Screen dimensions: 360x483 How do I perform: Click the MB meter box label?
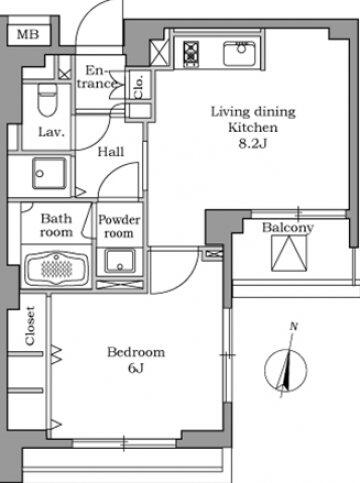pyautogui.click(x=28, y=34)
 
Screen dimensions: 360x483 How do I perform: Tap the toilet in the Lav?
pyautogui.click(x=47, y=100)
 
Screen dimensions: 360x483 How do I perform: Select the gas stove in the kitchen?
pyautogui.click(x=191, y=53)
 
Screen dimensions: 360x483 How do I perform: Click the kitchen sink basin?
pyautogui.click(x=239, y=53)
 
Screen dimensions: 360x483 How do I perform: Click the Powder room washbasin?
pyautogui.click(x=120, y=261)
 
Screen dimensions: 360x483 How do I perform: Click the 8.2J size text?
pyautogui.click(x=253, y=144)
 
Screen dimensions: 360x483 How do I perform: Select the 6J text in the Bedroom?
pyautogui.click(x=136, y=368)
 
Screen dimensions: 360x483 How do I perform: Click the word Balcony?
pyautogui.click(x=288, y=228)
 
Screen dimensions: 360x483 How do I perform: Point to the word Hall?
pyautogui.click(x=111, y=152)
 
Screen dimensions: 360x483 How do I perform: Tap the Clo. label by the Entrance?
pyautogui.click(x=138, y=87)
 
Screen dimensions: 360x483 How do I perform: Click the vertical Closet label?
pyautogui.click(x=30, y=326)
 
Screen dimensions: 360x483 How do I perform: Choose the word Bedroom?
pyautogui.click(x=136, y=352)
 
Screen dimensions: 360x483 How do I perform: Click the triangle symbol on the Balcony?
pyautogui.click(x=289, y=253)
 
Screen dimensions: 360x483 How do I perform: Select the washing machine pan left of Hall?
pyautogui.click(x=49, y=173)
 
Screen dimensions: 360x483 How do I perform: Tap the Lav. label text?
pyautogui.click(x=51, y=132)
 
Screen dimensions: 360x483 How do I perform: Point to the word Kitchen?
pyautogui.click(x=253, y=128)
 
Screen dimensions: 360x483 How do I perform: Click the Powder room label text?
pyautogui.click(x=119, y=226)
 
